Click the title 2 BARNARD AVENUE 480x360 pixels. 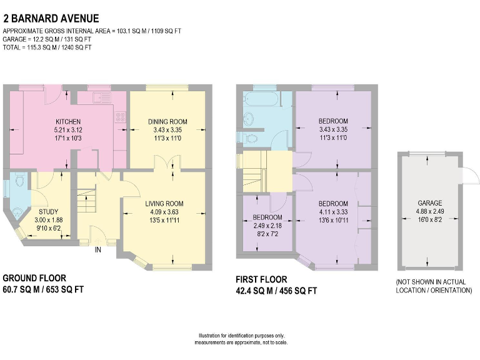(50, 19)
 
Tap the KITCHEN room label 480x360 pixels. (67, 121)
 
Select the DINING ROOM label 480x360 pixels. (167, 121)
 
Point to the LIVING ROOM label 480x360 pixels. (164, 203)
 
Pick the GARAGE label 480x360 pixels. (430, 203)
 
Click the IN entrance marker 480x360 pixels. (97, 250)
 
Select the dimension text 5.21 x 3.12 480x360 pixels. (67, 129)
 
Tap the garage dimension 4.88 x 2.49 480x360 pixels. (430, 211)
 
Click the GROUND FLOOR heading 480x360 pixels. (34, 278)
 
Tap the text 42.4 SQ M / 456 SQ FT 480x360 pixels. (277, 291)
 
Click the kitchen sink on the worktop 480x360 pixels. (101, 97)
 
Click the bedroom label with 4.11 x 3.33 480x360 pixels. (333, 204)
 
